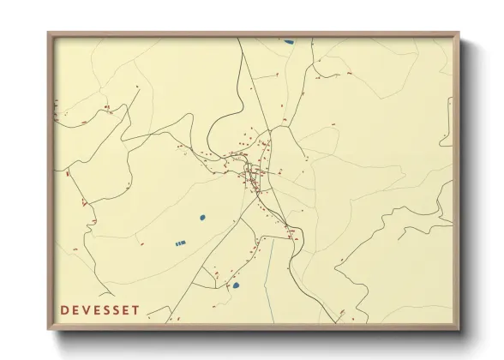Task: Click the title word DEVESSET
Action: click(100, 309)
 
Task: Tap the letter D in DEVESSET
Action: click(65, 309)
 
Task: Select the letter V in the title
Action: click(86, 309)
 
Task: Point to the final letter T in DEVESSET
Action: click(135, 309)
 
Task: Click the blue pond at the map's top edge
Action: click(289, 40)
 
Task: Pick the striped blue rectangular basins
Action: click(180, 243)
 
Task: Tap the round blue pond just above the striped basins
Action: click(202, 218)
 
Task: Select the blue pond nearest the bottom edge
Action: click(236, 285)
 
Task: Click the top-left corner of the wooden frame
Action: click(49, 34)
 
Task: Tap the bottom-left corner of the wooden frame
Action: click(49, 328)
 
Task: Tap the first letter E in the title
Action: click(75, 309)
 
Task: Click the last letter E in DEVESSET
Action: click(126, 309)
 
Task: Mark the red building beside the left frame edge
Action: click(67, 174)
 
